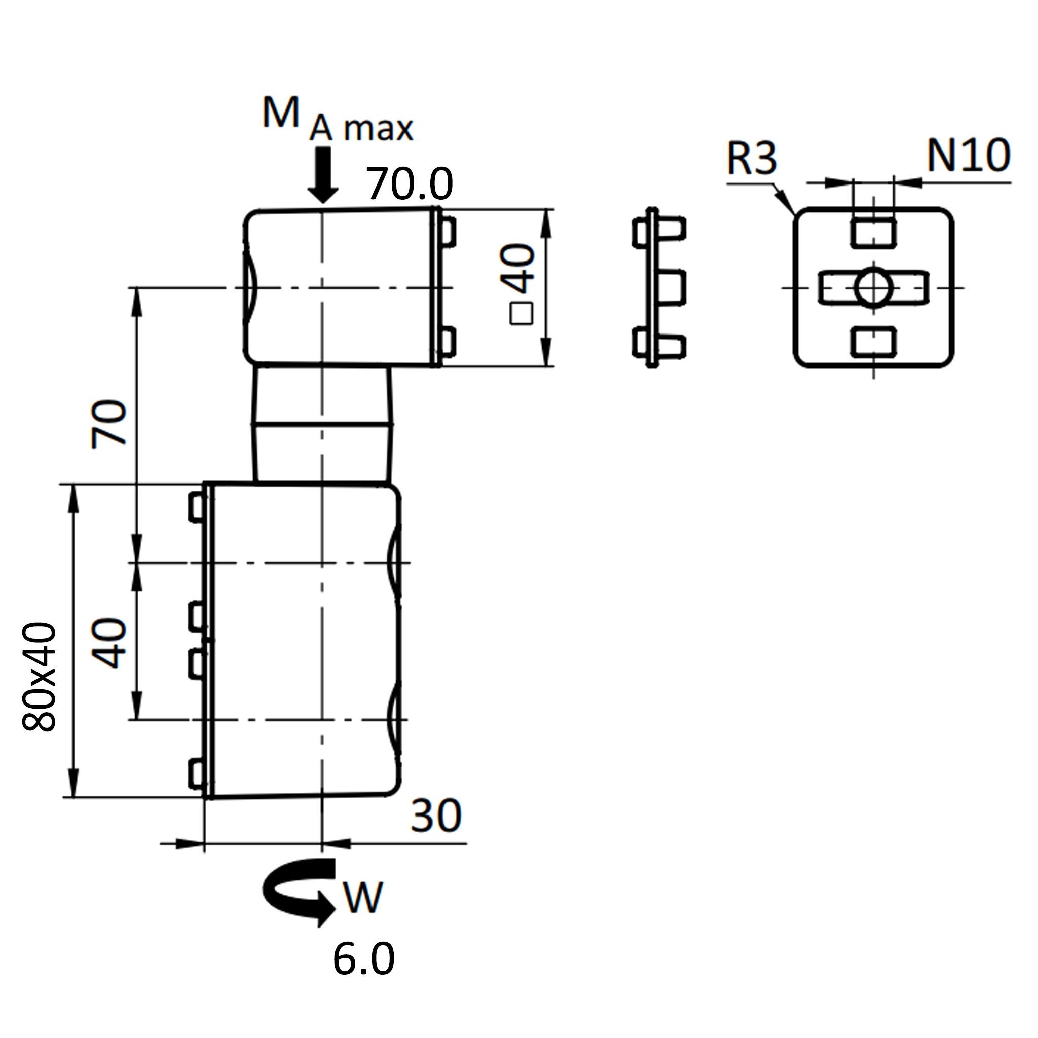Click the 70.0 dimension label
tap(410, 184)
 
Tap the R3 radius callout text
tap(752, 158)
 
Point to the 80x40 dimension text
tap(39, 677)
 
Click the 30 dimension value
tap(436, 815)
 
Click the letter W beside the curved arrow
tap(364, 897)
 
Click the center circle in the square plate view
tap(874, 287)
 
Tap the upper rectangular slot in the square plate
tap(874, 232)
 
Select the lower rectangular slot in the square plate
tap(874, 342)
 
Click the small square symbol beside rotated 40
tap(522, 313)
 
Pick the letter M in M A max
tap(280, 114)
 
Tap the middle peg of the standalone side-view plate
tap(672, 288)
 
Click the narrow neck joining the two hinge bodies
tap(322, 424)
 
